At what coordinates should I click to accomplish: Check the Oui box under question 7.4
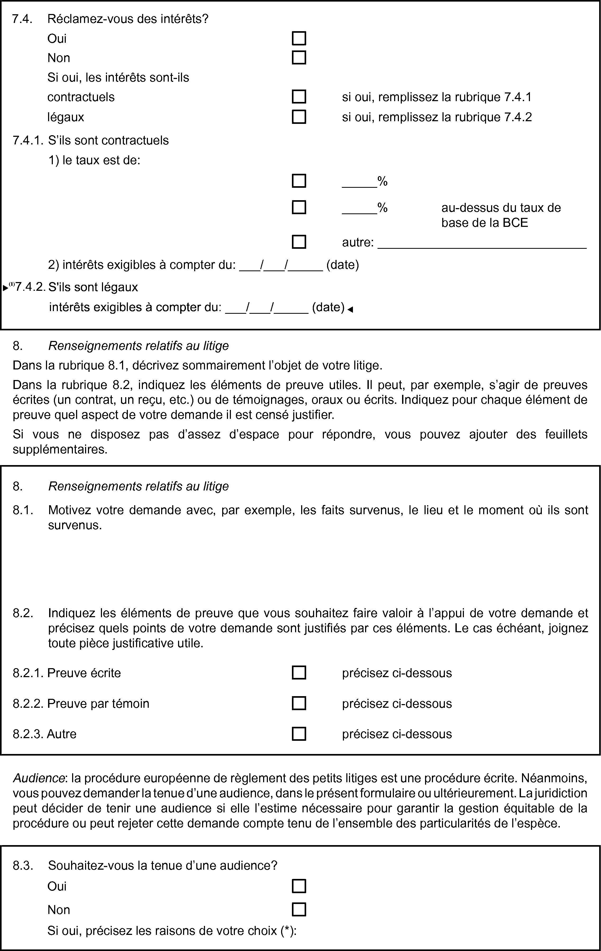point(299,38)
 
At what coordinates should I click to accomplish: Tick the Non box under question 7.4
point(299,58)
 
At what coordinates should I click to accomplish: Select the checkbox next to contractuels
point(299,97)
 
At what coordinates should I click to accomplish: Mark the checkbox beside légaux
point(299,117)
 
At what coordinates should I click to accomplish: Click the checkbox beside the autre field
point(299,242)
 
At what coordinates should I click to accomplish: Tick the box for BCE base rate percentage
point(299,207)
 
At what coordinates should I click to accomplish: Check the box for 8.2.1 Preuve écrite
point(299,673)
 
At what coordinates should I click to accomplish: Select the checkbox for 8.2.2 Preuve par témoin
point(299,703)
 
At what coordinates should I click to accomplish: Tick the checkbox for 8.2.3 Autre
point(299,734)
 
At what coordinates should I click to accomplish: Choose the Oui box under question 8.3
point(299,886)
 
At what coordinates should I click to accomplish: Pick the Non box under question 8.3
point(299,910)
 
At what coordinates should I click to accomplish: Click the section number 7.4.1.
point(28,140)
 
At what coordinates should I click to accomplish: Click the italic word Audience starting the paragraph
point(39,778)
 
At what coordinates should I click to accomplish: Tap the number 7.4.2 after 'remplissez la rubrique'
point(518,117)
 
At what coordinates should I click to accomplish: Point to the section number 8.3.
point(23,866)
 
